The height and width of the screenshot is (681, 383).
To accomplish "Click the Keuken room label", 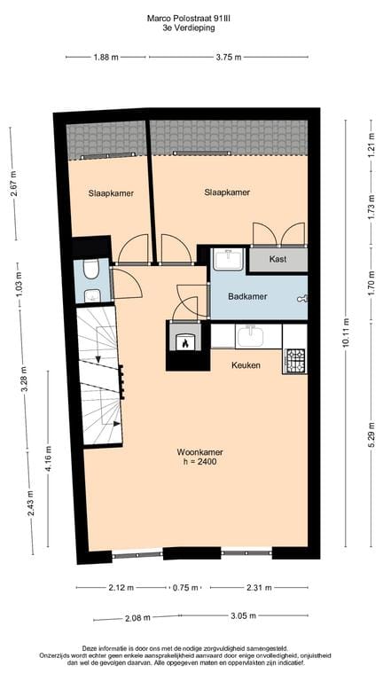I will coord(246,364).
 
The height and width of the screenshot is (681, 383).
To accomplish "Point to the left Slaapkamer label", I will coord(110,192).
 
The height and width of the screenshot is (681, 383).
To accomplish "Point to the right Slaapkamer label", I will coord(226,192).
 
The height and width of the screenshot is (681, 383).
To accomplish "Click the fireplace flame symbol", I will coord(185,341).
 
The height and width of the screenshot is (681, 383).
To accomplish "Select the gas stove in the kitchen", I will coord(294,359).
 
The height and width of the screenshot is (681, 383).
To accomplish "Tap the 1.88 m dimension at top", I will coord(105,58).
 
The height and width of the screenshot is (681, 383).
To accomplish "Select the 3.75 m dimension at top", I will coord(228,58).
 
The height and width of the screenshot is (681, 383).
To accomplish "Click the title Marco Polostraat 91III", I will coord(191,17).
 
